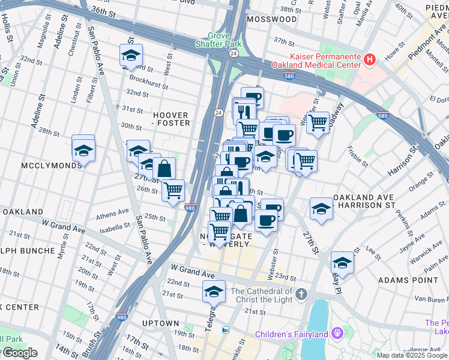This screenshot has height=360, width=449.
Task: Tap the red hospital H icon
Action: pyautogui.click(x=370, y=59)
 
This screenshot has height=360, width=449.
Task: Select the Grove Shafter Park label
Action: pyautogui.click(x=219, y=40)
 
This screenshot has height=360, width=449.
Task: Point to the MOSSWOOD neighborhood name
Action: pyautogui.click(x=275, y=19)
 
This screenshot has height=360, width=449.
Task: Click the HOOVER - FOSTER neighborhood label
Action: pyautogui.click(x=172, y=119)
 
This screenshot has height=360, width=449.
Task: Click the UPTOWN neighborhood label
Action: pyautogui.click(x=160, y=323)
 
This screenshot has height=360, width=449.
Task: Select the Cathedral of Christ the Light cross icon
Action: pyautogui.click(x=301, y=294)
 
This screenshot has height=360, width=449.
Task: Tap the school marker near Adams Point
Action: pyautogui.click(x=342, y=262)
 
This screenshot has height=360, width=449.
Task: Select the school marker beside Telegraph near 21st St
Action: pyautogui.click(x=214, y=291)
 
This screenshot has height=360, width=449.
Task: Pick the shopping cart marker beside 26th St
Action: pyautogui.click(x=173, y=190)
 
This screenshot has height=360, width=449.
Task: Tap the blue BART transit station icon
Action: pyautogui.click(x=226, y=330)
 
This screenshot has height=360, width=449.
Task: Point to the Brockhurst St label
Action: pyautogui.click(x=146, y=79)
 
